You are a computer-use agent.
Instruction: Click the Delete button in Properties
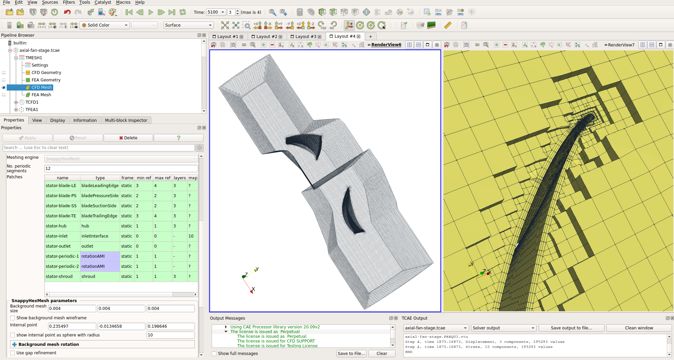[128, 138]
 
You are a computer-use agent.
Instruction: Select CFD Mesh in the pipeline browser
[41, 87]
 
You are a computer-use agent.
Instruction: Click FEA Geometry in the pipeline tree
[46, 80]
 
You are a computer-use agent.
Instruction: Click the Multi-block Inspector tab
[126, 120]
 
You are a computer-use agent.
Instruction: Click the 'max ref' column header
[163, 178]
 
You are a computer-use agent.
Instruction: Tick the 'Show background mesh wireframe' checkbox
[12, 318]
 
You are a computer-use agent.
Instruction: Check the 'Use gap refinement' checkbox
[12, 353]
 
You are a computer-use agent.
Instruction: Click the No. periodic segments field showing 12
[121, 169]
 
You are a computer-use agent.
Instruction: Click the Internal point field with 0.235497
[72, 326]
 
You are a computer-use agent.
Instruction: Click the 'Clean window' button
[639, 328]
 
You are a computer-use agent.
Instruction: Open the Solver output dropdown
[503, 328]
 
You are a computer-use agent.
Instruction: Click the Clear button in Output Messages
[382, 354]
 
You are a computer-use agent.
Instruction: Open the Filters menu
[69, 2]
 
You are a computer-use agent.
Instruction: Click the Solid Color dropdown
[105, 25]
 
